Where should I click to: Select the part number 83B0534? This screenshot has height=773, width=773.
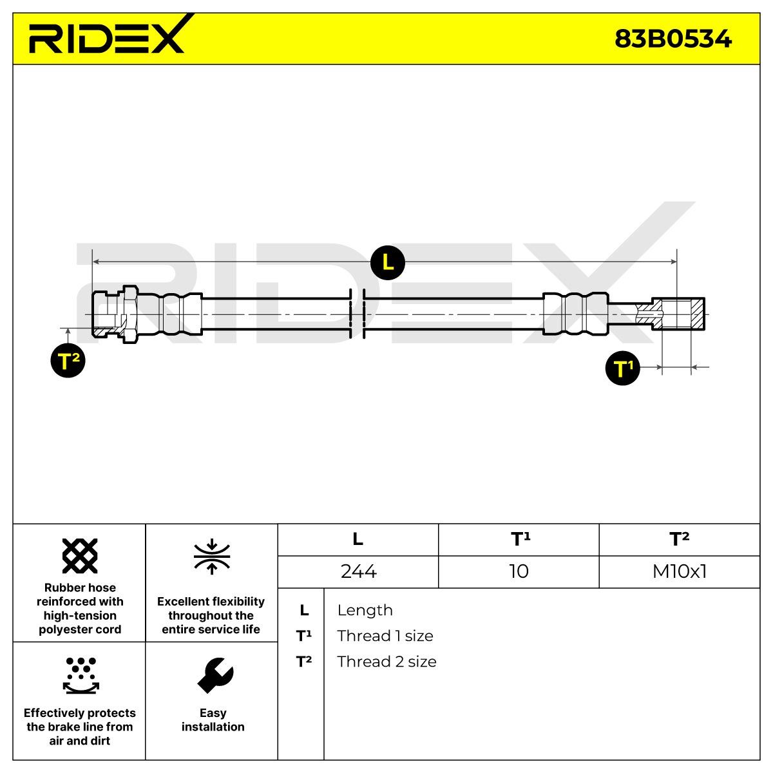point(673,39)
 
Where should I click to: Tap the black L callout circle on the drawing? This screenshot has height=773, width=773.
point(388,263)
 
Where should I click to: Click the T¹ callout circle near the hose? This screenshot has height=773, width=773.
point(622,368)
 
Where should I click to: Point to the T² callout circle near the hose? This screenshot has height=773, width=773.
point(68,360)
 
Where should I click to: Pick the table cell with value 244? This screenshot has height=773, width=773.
point(358,571)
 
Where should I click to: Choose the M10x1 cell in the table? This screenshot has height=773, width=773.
point(679,571)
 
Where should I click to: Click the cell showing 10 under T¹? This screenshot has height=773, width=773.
point(519,571)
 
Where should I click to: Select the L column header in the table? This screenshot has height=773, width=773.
point(358,539)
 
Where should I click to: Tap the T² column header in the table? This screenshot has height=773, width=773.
point(679,539)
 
